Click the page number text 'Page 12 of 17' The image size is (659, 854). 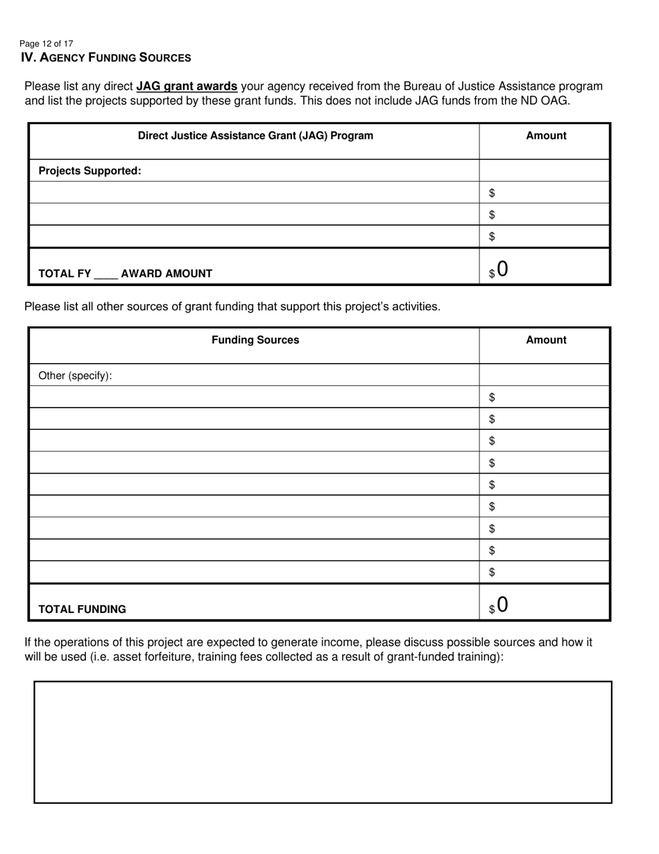point(46,43)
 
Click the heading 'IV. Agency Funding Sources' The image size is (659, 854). point(106,58)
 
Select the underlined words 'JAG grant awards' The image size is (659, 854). point(187,87)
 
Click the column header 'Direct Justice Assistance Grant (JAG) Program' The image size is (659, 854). point(255,136)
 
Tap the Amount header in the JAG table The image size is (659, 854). point(546,136)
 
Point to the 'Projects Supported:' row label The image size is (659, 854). point(89,171)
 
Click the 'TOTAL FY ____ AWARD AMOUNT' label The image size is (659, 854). point(125,274)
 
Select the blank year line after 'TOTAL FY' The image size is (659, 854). point(106,275)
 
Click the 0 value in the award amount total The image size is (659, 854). point(502,269)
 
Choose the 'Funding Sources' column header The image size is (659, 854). point(255,340)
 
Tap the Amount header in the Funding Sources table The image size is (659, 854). point(546,340)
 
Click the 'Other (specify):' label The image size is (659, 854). point(75,376)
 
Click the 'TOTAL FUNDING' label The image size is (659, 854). point(82,610)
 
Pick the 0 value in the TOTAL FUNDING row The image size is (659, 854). point(502,605)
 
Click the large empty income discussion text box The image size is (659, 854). point(323,742)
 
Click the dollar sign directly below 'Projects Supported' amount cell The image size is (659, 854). point(492,193)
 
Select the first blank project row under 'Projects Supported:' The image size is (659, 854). point(254,192)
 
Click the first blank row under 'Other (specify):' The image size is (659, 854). point(254,397)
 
